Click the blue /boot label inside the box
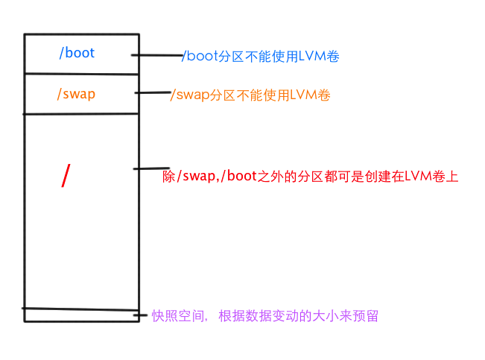[77, 53]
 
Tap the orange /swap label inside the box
[76, 94]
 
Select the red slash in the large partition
[66, 175]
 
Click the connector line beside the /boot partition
[158, 55]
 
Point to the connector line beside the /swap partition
[153, 93]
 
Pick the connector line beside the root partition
[148, 169]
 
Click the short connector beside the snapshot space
[140, 315]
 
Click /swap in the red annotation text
[194, 177]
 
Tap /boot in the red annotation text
[239, 177]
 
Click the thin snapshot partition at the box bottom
[80, 315]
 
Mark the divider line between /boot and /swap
[81, 73]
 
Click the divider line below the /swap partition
[81, 114]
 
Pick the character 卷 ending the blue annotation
[332, 57]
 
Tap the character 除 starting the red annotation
[168, 177]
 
